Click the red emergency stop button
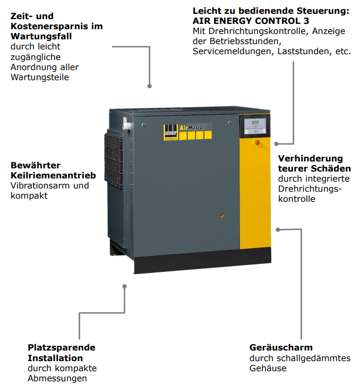(256, 142)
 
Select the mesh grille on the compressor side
(114, 160)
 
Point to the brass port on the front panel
(221, 216)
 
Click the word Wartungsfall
(41, 36)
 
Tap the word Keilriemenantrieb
(53, 175)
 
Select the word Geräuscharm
(281, 347)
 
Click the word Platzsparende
(62, 347)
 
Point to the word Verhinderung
(311, 158)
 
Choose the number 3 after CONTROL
(306, 21)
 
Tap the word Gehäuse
(268, 368)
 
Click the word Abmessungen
(57, 379)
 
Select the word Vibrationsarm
(40, 185)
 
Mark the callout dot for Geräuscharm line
(278, 229)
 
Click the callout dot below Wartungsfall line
(149, 86)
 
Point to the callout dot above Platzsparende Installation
(124, 286)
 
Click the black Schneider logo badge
(170, 133)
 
